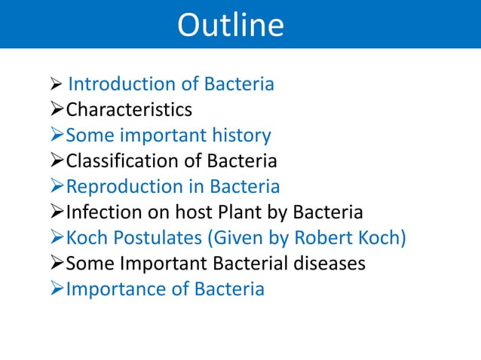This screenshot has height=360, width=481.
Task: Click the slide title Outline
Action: (230, 25)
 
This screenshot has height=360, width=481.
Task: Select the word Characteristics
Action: (129, 110)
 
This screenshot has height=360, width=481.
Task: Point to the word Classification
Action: (119, 161)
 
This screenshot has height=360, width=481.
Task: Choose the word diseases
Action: (328, 264)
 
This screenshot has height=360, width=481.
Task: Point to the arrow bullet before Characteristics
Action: (57, 111)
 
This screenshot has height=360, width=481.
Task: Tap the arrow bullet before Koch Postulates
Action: (57, 239)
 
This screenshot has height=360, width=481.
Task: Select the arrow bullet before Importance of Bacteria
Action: (57, 290)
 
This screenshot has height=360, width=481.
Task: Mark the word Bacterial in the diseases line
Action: (250, 264)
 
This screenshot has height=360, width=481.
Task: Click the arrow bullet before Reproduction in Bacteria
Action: (57, 188)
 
